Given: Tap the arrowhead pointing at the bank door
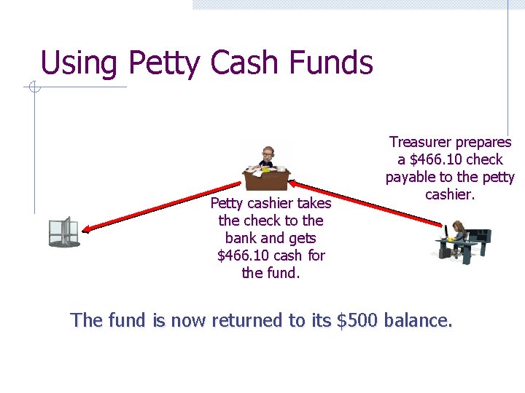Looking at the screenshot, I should coord(87,229).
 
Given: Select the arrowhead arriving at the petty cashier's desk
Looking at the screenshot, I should coord(298,186).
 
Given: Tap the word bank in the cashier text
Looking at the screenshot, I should coord(241,238).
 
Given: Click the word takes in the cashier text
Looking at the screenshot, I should coord(314,203).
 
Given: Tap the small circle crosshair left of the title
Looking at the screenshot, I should coord(32,88).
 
